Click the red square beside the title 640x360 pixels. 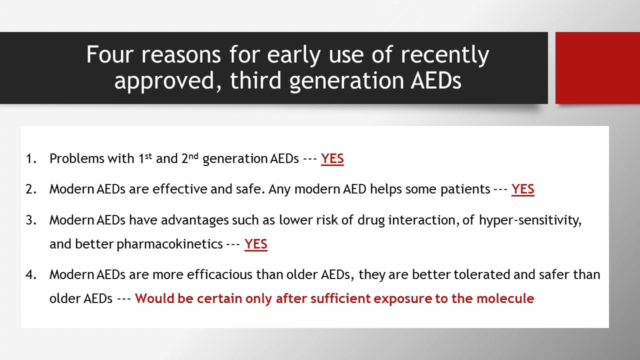(597, 68)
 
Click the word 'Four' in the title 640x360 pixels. (110, 54)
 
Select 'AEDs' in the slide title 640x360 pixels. (436, 80)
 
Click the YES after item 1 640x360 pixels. (332, 158)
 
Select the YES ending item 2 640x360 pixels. (523, 189)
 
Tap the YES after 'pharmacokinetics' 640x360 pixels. (256, 244)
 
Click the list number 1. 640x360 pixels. (31, 158)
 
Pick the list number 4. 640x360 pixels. (31, 274)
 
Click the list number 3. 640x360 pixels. (31, 220)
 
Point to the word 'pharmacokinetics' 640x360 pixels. (169, 244)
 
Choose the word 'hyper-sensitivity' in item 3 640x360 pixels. (530, 220)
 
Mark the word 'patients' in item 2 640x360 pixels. (465, 189)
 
